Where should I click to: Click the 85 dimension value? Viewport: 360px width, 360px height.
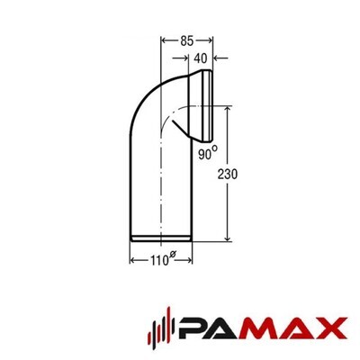coord(187,40)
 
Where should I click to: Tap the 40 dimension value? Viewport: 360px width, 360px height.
coord(201,58)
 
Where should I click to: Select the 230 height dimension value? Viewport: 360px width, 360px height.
coord(228,175)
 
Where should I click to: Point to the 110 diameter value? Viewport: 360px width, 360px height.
coord(159,260)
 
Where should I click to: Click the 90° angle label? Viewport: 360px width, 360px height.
coord(208,153)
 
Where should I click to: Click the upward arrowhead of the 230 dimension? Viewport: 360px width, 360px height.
coord(228,109)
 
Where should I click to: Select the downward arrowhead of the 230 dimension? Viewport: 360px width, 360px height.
coord(228,238)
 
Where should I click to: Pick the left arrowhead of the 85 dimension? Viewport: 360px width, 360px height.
coord(165,40)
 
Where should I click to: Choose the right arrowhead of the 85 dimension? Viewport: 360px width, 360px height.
coord(210,40)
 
